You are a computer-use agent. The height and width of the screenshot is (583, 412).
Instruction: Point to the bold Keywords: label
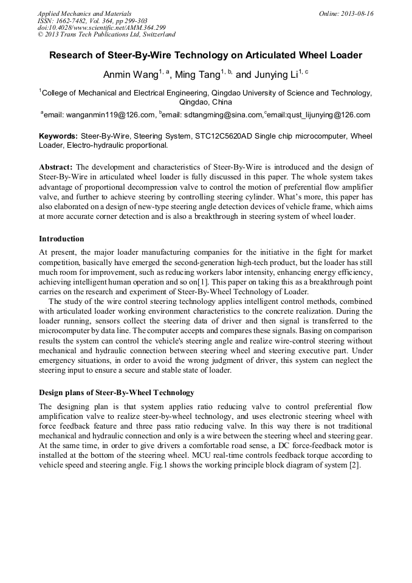point(58,136)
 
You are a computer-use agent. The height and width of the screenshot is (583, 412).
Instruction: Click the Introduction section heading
point(61,238)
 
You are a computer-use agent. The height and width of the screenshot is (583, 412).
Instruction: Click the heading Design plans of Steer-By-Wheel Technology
point(117,392)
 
